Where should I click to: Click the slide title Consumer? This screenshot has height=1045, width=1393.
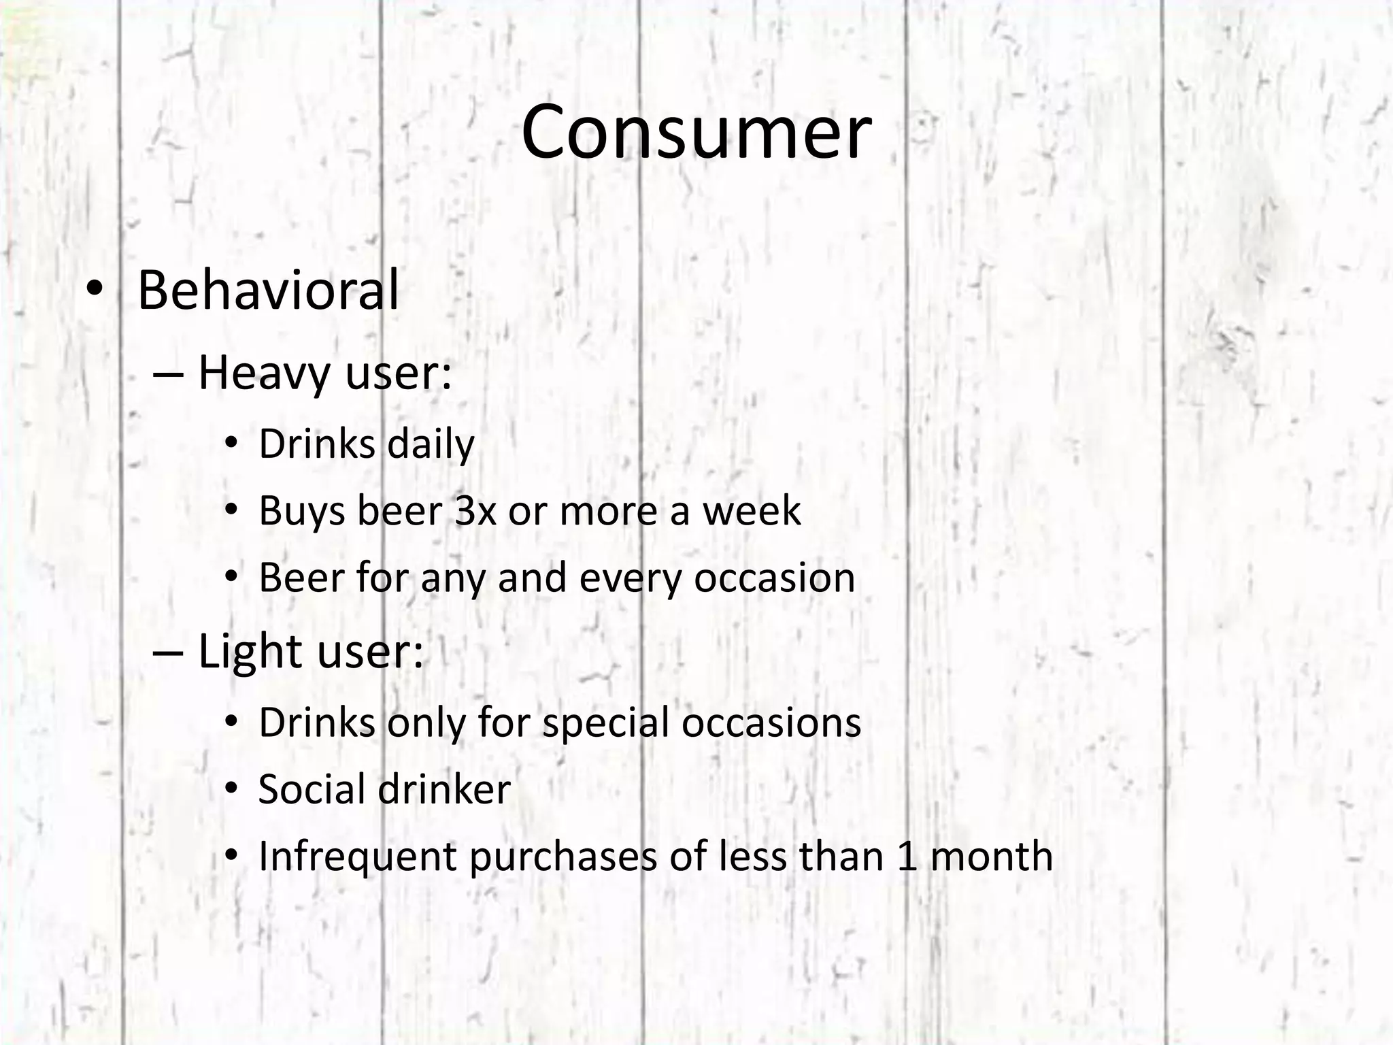(x=696, y=132)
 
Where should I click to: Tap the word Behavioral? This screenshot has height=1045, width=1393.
(x=268, y=291)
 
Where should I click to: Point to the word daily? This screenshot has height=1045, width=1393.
(x=431, y=445)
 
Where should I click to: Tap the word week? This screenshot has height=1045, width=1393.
(x=752, y=511)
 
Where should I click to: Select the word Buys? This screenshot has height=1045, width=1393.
(x=302, y=512)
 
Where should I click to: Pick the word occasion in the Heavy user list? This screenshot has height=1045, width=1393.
(x=774, y=578)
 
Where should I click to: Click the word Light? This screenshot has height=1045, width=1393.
(x=250, y=652)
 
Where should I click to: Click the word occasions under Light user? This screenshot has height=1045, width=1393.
(x=771, y=723)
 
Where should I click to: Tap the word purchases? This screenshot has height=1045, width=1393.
(x=563, y=857)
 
